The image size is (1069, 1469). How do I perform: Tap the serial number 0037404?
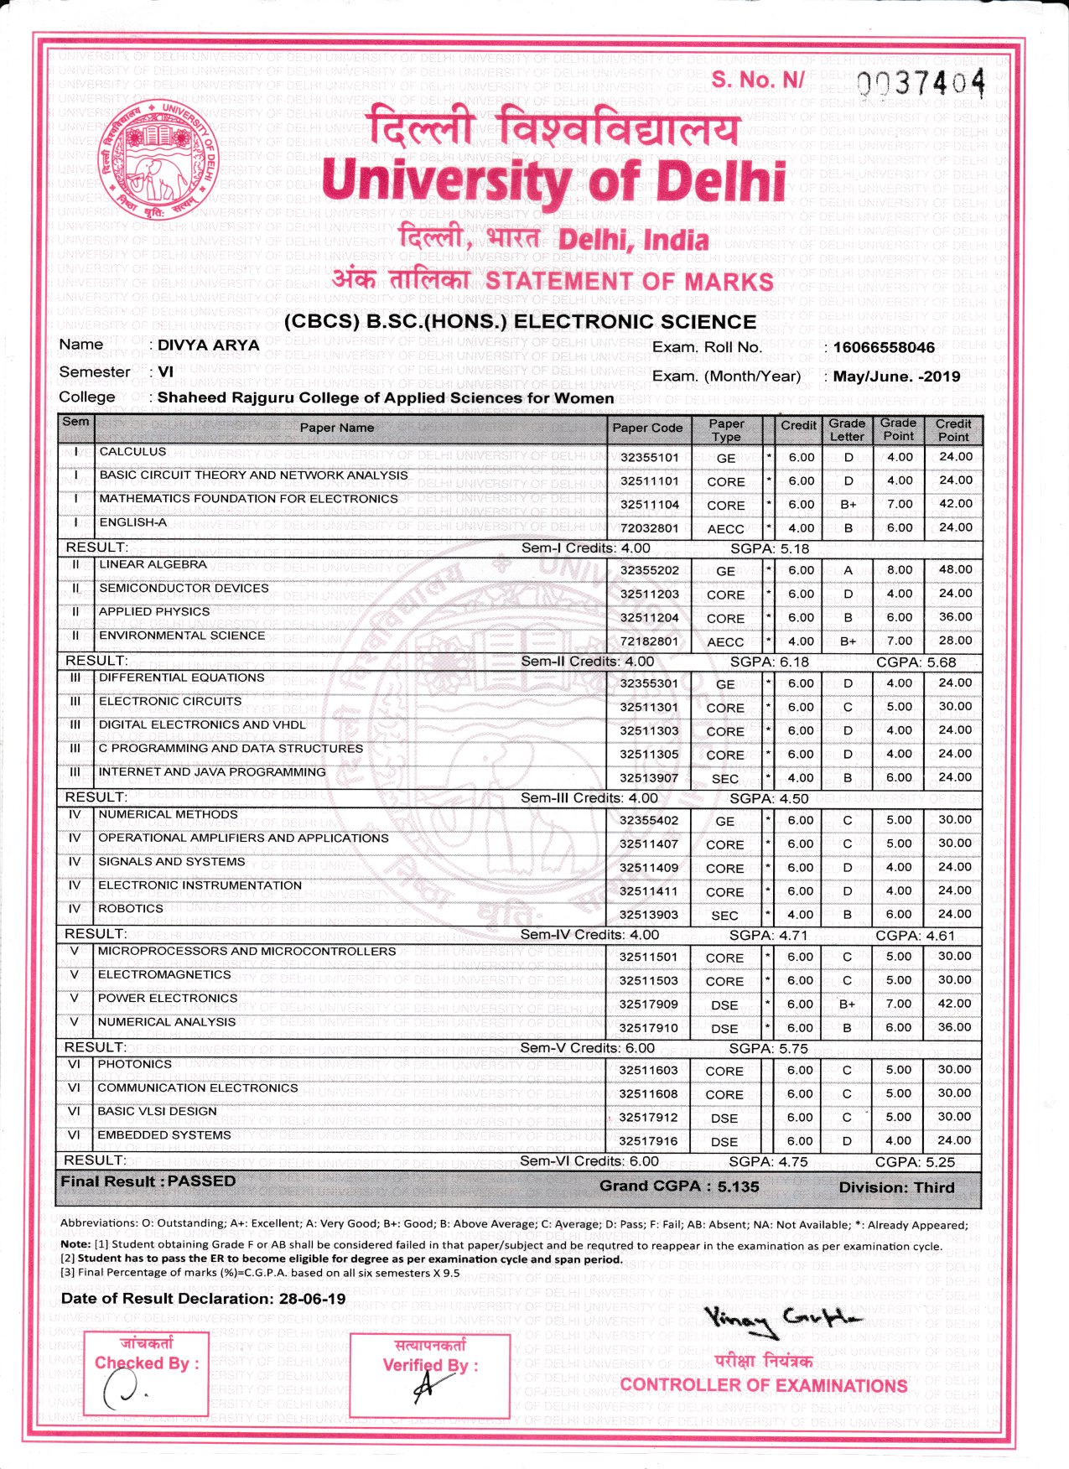[921, 83]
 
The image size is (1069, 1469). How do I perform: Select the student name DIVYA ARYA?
[208, 345]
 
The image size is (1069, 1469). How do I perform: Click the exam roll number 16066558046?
[884, 347]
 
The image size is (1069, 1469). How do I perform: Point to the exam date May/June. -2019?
[896, 376]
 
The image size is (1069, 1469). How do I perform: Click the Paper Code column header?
[647, 428]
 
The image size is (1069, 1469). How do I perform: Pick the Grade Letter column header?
[847, 429]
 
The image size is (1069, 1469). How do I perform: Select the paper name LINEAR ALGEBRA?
[153, 564]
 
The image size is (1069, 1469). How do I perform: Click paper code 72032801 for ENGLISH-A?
[649, 528]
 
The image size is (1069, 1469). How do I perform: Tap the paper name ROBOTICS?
[131, 909]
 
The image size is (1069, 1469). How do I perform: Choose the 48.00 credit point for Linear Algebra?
[955, 569]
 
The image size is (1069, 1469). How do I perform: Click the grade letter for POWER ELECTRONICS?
[847, 1004]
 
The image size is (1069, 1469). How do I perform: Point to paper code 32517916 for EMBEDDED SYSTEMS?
[648, 1141]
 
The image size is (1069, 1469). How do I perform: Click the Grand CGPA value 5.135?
[738, 1186]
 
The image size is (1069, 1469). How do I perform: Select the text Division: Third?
[896, 1187]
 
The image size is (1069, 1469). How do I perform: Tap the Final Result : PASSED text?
[148, 1181]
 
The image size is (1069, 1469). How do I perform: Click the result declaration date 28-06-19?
[312, 1299]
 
